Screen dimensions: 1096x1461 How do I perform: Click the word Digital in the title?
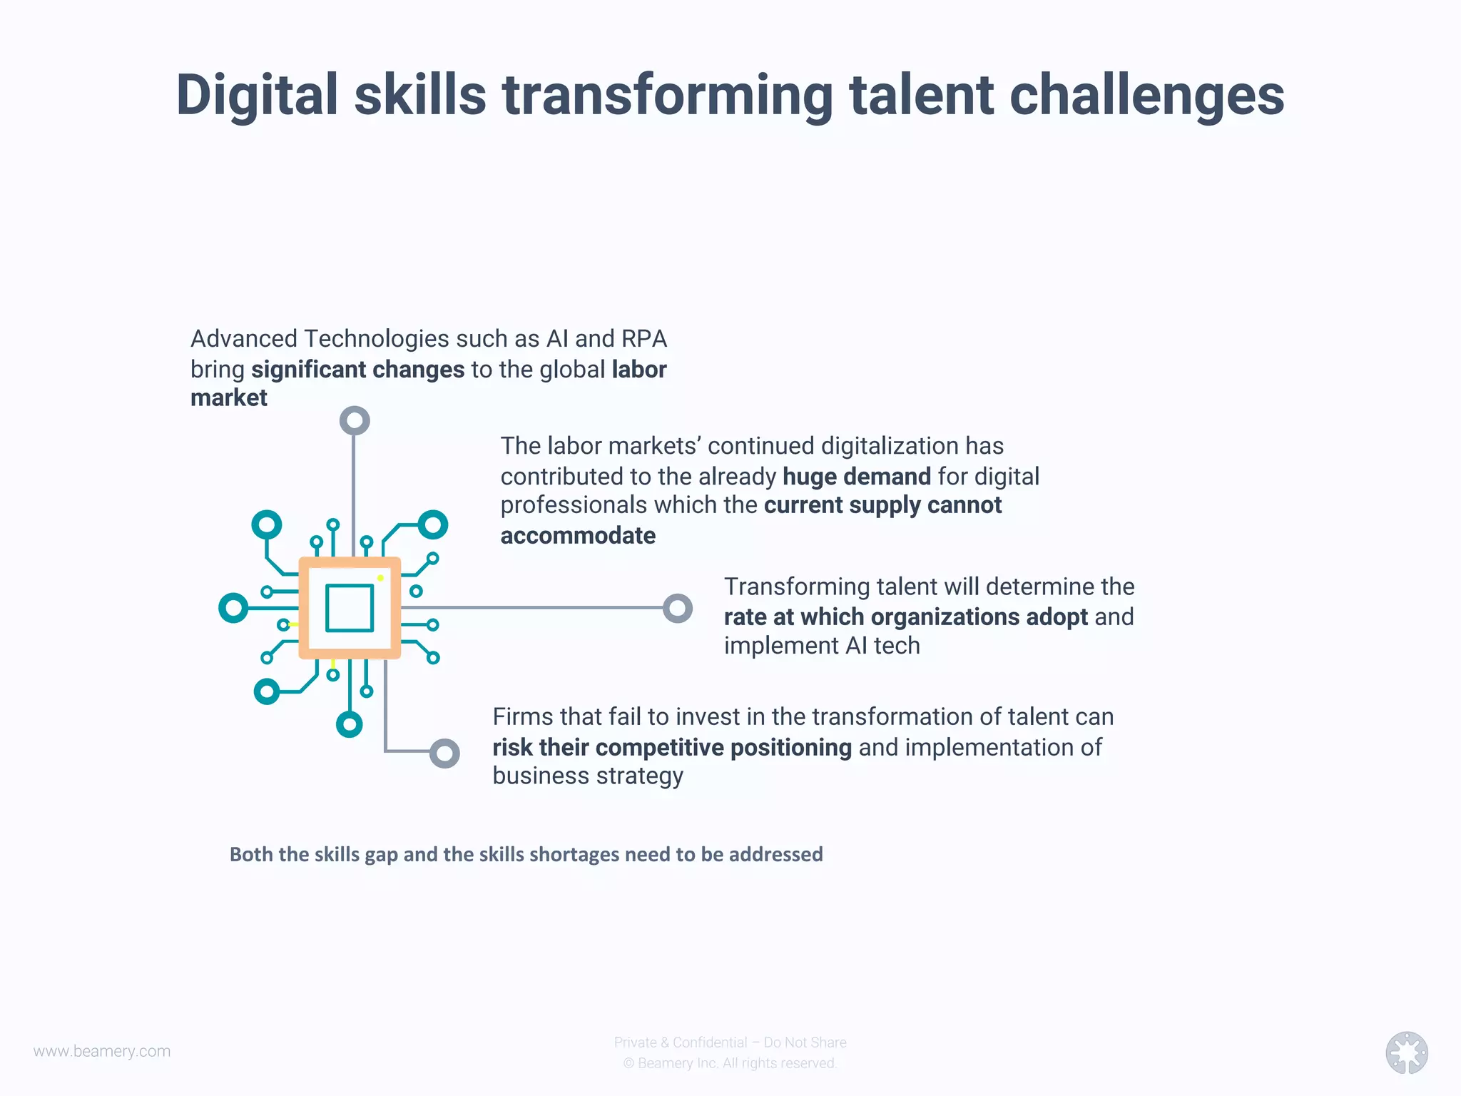click(x=257, y=96)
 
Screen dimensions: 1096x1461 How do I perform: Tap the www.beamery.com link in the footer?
click(x=102, y=1051)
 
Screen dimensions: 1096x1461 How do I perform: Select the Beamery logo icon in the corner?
click(x=1406, y=1052)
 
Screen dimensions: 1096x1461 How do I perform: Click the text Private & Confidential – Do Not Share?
click(x=730, y=1042)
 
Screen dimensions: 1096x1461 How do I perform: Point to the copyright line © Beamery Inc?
click(x=730, y=1063)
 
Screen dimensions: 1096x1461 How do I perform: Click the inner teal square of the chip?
click(x=350, y=608)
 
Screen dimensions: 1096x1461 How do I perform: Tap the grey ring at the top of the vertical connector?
click(x=355, y=420)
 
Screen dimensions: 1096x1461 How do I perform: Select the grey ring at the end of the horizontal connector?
click(x=678, y=609)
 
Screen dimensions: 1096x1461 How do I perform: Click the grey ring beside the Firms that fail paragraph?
click(x=444, y=753)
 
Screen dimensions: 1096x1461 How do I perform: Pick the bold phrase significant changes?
click(x=357, y=370)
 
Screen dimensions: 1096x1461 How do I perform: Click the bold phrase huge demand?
click(x=856, y=476)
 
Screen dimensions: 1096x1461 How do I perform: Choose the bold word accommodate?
click(x=578, y=535)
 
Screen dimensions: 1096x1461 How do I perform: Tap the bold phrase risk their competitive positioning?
click(x=671, y=747)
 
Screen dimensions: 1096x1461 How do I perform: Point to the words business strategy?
click(x=588, y=776)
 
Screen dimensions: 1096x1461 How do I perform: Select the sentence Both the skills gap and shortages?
click(x=526, y=854)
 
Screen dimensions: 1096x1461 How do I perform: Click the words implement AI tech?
click(x=822, y=646)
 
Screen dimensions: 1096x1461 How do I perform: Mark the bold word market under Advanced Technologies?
click(x=228, y=397)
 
